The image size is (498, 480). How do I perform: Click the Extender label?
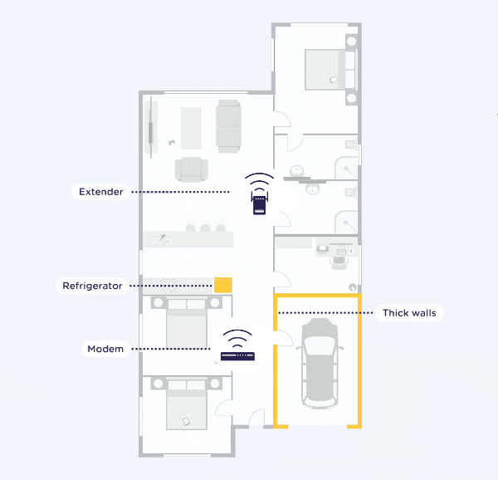pos(101,192)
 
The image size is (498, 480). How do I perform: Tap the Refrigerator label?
pos(92,286)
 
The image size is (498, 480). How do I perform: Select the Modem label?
pos(105,349)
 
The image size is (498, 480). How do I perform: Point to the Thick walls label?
pos(409,313)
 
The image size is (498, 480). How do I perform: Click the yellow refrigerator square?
pos(223,285)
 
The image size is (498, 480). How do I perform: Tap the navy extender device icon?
pos(260,203)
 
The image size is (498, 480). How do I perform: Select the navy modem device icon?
pos(237,356)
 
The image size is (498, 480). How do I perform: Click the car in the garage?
pos(320,363)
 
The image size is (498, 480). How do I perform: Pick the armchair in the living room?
pos(192,169)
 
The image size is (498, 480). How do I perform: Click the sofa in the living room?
pos(228,126)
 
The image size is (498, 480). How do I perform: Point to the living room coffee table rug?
pos(191,128)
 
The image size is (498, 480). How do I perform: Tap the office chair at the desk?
pos(339,262)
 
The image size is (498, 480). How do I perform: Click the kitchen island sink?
pos(162,241)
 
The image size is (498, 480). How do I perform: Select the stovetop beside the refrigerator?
pos(168,286)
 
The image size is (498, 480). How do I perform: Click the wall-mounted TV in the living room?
pos(151,133)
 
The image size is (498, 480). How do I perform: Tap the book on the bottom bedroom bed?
pos(186,421)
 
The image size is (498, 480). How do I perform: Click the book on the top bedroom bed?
pos(334,80)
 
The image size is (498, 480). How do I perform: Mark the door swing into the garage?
pos(284,338)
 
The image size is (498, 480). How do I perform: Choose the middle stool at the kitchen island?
pos(205,227)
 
